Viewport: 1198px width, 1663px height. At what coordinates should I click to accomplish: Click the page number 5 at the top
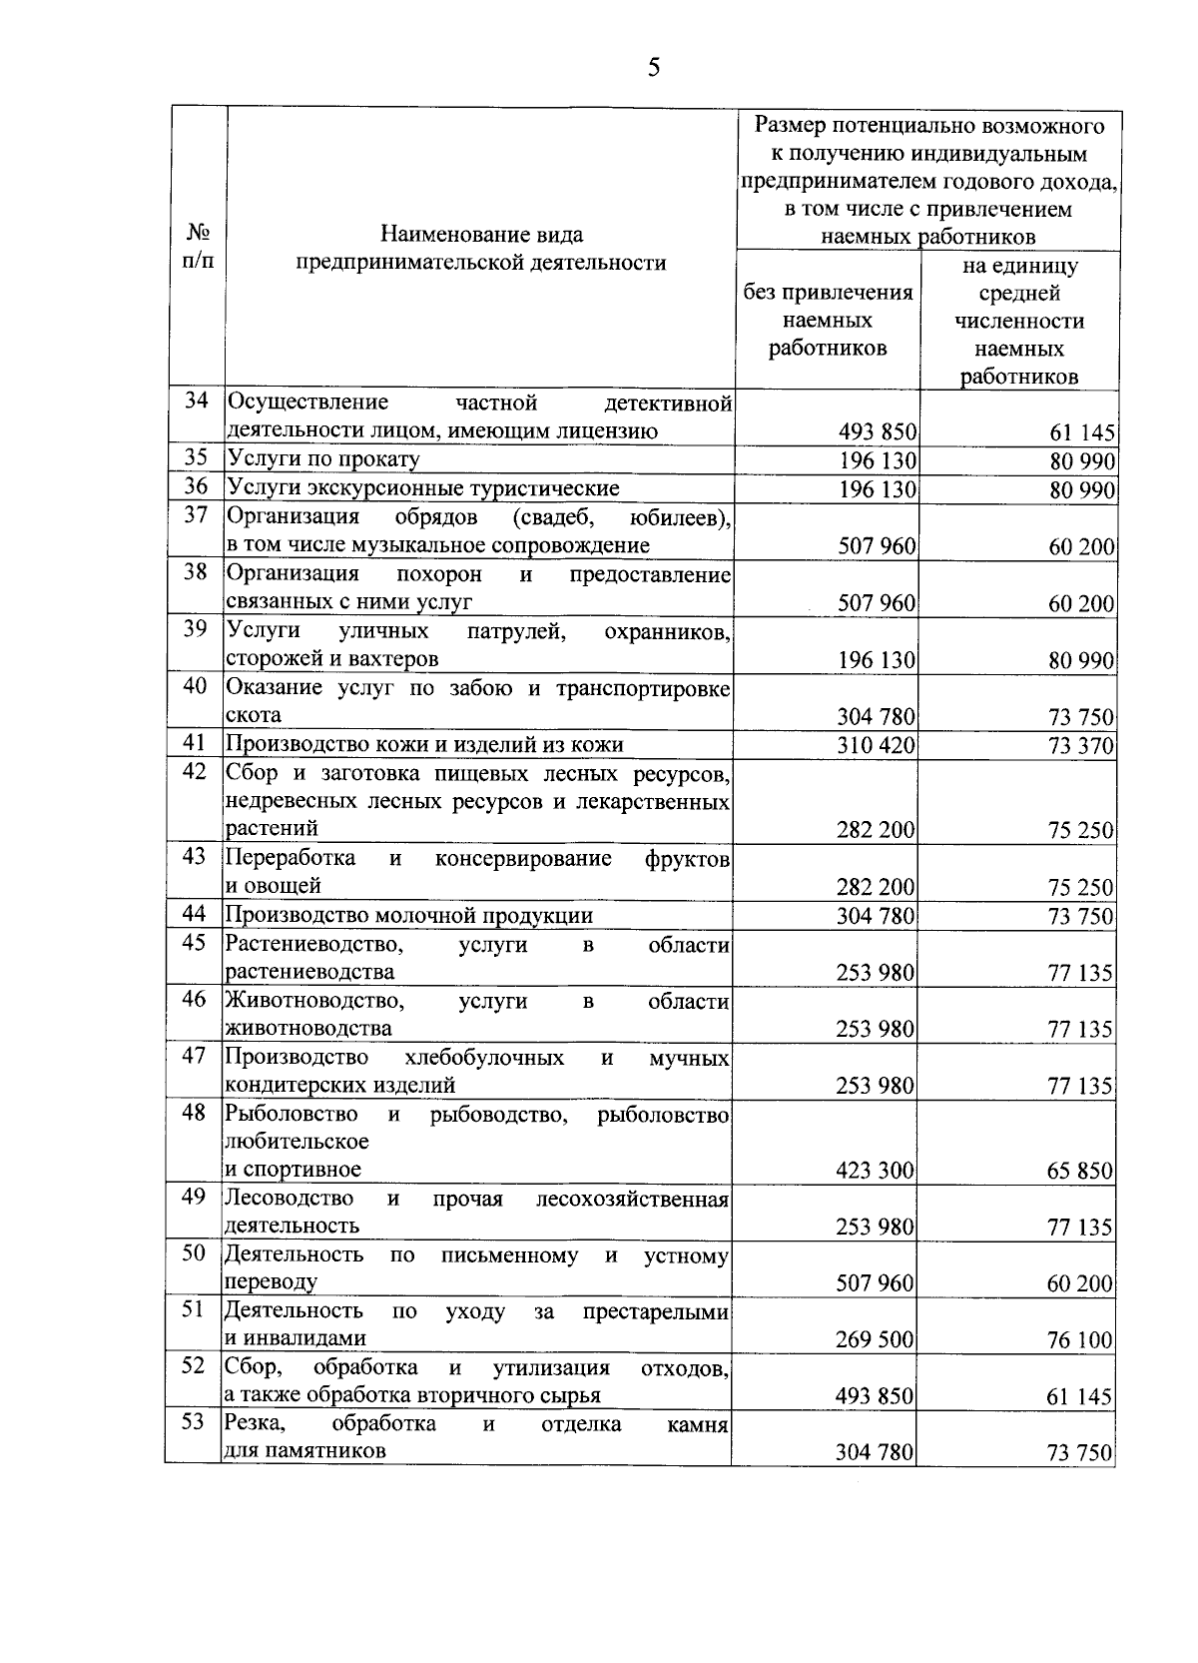pyautogui.click(x=654, y=68)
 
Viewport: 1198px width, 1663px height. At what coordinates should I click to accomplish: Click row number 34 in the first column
pyautogui.click(x=197, y=402)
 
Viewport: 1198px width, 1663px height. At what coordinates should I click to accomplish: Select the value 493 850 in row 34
pyautogui.click(x=876, y=432)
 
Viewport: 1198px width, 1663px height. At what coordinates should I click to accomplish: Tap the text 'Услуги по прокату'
pyautogui.click(x=323, y=459)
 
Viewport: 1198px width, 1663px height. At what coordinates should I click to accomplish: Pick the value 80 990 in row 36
pyautogui.click(x=1081, y=489)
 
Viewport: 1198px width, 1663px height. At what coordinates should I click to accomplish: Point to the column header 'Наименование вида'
pyautogui.click(x=481, y=236)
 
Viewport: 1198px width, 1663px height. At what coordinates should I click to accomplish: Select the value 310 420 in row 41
pyautogui.click(x=876, y=745)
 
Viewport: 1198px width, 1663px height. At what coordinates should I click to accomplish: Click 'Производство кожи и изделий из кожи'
pyautogui.click(x=425, y=744)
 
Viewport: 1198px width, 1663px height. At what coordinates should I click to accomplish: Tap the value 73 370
pyautogui.click(x=1080, y=745)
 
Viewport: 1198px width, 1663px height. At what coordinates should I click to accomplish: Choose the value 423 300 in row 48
pyautogui.click(x=875, y=1171)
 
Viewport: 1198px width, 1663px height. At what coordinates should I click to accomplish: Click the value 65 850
pyautogui.click(x=1079, y=1171)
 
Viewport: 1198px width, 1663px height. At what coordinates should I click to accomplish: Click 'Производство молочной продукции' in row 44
pyautogui.click(x=409, y=915)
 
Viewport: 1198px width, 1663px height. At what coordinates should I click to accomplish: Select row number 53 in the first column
pyautogui.click(x=194, y=1422)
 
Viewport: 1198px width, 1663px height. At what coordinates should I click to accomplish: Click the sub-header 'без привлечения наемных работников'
pyautogui.click(x=828, y=320)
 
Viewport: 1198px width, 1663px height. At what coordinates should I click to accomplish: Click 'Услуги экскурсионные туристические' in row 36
pyautogui.click(x=423, y=488)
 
